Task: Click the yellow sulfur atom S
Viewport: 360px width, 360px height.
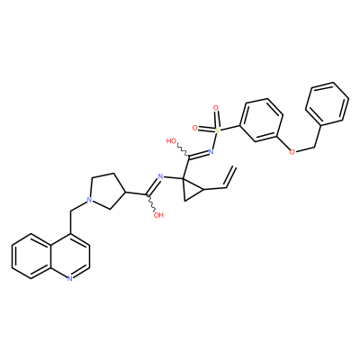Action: [218, 130]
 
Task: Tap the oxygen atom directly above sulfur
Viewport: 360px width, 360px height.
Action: [215, 107]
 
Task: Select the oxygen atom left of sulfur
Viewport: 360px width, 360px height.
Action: [195, 128]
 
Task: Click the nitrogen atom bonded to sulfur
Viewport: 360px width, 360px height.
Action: [211, 152]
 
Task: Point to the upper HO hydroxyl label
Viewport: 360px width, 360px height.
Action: [172, 140]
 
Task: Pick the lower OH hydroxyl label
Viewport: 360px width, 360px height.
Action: [158, 215]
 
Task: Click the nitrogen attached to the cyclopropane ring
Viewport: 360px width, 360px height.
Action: [160, 176]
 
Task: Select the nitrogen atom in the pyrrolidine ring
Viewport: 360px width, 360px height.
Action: [88, 199]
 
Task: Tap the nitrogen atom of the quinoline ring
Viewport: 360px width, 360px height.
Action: [69, 278]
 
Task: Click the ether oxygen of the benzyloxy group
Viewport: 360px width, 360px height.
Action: [292, 151]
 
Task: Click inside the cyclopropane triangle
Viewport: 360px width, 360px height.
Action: [191, 190]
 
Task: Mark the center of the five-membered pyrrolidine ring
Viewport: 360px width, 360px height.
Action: [106, 191]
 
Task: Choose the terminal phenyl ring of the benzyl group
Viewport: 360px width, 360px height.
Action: [328, 103]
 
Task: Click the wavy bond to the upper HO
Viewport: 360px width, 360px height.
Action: [183, 150]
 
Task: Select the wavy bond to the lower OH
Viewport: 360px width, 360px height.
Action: [151, 203]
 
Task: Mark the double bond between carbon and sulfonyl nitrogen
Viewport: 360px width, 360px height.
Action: [198, 154]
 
